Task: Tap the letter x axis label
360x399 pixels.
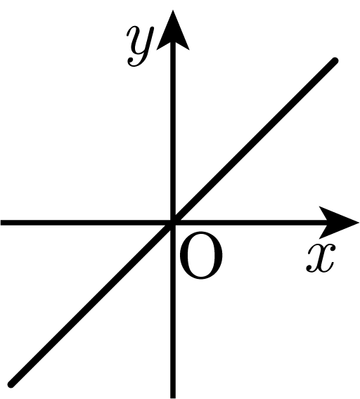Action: click(321, 258)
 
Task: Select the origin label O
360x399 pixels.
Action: click(201, 255)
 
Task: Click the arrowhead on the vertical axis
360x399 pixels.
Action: click(173, 30)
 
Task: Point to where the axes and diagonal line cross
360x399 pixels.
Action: click(173, 223)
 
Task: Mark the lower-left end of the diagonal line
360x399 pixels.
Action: click(11, 384)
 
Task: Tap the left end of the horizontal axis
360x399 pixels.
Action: click(1, 223)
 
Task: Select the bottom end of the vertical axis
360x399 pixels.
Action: click(173, 398)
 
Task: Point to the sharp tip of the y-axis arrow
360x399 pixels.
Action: click(173, 10)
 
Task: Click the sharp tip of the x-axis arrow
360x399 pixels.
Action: click(359, 223)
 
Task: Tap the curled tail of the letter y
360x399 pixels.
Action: click(134, 63)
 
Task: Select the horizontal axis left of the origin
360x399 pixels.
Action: click(85, 223)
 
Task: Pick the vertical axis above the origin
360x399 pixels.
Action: click(173, 132)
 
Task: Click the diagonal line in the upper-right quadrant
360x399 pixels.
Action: click(254, 142)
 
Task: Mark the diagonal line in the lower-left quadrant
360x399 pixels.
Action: click(92, 303)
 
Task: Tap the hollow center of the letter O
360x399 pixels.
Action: click(201, 255)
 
